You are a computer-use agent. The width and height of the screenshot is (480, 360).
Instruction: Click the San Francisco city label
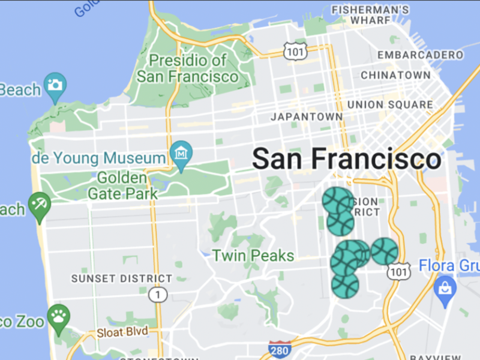(346, 160)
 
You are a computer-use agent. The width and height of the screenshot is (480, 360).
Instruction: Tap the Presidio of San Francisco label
(188, 68)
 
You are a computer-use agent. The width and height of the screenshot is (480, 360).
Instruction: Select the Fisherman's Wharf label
(371, 15)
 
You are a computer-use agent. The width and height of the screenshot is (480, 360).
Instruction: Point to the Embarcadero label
(421, 55)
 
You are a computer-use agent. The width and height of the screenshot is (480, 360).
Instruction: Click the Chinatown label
(395, 75)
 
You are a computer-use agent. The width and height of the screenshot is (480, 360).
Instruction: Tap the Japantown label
(307, 116)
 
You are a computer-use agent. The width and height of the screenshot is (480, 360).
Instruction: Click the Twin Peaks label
(253, 256)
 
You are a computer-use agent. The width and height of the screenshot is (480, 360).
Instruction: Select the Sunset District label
(121, 279)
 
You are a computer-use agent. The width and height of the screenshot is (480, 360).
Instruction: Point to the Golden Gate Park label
(122, 186)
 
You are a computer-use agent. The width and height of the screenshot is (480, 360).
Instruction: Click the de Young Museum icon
(181, 154)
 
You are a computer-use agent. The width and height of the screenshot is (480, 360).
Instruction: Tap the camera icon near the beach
(55, 85)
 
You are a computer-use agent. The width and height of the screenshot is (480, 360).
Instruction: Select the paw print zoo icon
(58, 315)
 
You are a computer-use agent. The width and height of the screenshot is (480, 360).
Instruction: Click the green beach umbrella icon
(40, 203)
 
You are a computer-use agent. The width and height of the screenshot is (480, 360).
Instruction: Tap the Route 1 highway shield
(157, 295)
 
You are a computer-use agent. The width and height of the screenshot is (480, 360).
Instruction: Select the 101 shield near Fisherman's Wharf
(296, 50)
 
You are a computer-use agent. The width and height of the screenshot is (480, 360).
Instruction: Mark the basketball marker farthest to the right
(385, 251)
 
